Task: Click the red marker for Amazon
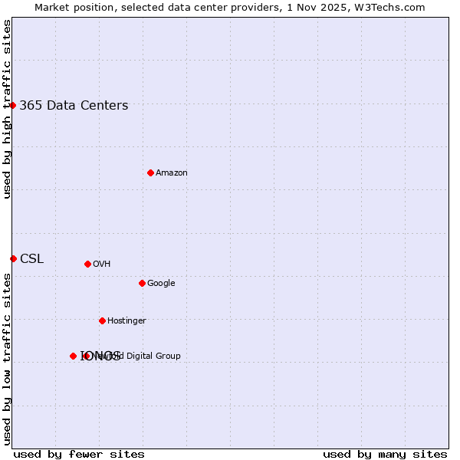point(150,172)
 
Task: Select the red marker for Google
point(142,283)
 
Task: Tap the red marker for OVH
point(87,264)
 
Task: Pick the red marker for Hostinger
point(102,320)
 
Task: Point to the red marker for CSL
point(13,258)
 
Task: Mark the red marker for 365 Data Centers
point(13,105)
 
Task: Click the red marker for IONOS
point(73,356)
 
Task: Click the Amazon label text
point(172,173)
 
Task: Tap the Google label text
point(161,284)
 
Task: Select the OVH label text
point(102,264)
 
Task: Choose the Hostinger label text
point(127,321)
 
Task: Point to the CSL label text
point(31,259)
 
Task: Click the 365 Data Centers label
point(74,106)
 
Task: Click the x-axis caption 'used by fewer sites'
point(79,455)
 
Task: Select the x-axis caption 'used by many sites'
point(385,455)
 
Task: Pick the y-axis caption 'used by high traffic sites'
point(7,109)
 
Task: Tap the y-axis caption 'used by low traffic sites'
point(7,358)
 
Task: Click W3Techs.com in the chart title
point(393,8)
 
